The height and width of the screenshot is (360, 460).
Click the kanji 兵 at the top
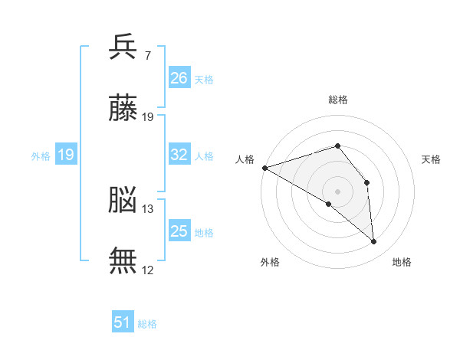pos(123,47)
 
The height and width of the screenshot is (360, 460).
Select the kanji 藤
pos(123,107)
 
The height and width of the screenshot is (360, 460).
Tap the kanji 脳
pos(123,199)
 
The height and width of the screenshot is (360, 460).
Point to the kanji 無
pos(123,260)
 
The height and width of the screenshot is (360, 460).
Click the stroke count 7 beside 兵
pos(147,55)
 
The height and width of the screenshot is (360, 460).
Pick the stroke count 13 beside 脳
pos(147,209)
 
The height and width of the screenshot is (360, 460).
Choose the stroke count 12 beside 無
pos(147,270)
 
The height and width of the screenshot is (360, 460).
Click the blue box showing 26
pos(179,77)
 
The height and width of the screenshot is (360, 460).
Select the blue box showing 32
pos(179,154)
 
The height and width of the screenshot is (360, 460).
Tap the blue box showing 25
pos(179,230)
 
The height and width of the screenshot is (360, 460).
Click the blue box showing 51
pos(123,321)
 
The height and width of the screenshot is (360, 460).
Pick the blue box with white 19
pos(66,154)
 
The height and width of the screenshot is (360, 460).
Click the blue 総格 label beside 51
pos(147,324)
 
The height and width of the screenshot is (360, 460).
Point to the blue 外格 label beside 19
pos(41,156)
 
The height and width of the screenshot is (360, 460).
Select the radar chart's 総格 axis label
pos(338,100)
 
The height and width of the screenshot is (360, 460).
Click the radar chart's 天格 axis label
pos(431,159)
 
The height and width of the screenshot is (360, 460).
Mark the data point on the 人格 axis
pos(265,168)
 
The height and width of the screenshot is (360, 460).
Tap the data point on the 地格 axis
pos(373,241)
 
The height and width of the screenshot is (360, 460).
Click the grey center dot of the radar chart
pos(337,191)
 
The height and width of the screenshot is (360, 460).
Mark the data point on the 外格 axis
pos(329,204)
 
